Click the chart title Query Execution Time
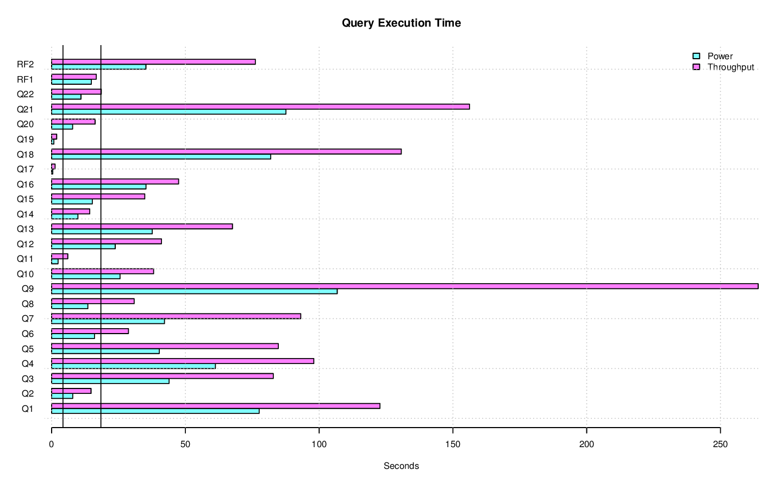401,23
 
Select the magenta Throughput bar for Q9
404,286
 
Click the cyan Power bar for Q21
168,112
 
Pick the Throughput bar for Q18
226,152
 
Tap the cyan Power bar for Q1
155,411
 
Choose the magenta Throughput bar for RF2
153,62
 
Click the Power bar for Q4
133,366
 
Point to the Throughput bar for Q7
176,316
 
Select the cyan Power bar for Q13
102,231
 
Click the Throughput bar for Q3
162,376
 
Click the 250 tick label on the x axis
720,444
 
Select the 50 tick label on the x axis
185,444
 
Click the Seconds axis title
401,466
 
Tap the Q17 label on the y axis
25,170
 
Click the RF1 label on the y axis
25,79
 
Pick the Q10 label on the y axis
25,274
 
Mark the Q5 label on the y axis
27,349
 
